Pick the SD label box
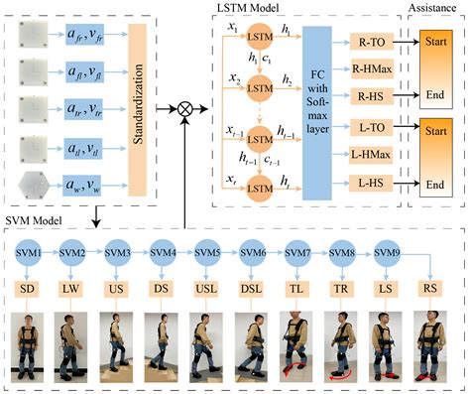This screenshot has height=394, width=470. coord(26,288)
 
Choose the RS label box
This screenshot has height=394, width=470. coord(431,288)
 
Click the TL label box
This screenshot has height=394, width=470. coord(295,288)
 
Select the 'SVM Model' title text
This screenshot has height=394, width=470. coord(33,218)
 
